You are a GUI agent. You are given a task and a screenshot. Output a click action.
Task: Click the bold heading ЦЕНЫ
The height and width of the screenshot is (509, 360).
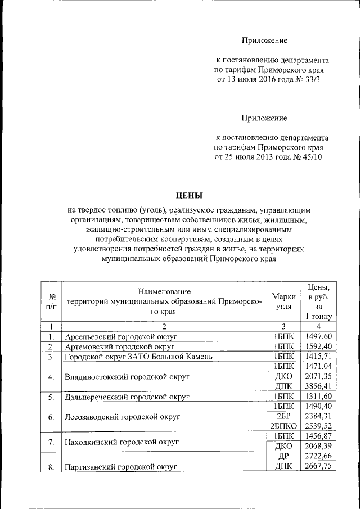[x=189, y=196]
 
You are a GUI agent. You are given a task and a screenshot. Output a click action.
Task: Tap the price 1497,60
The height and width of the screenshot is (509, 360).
[x=319, y=336]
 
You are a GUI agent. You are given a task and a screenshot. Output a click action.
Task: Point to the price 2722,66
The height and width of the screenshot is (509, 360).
[x=319, y=457]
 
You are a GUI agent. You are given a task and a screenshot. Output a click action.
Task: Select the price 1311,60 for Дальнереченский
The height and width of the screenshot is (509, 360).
[x=319, y=397]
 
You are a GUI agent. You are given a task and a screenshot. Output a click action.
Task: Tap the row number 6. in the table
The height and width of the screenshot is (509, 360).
[x=51, y=417]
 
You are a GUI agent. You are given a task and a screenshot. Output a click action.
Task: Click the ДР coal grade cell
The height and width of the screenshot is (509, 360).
[x=283, y=457]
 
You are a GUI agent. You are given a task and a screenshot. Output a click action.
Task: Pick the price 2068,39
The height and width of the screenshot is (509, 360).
[x=319, y=447]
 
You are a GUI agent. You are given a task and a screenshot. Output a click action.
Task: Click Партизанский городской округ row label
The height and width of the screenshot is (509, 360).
[x=120, y=467]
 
